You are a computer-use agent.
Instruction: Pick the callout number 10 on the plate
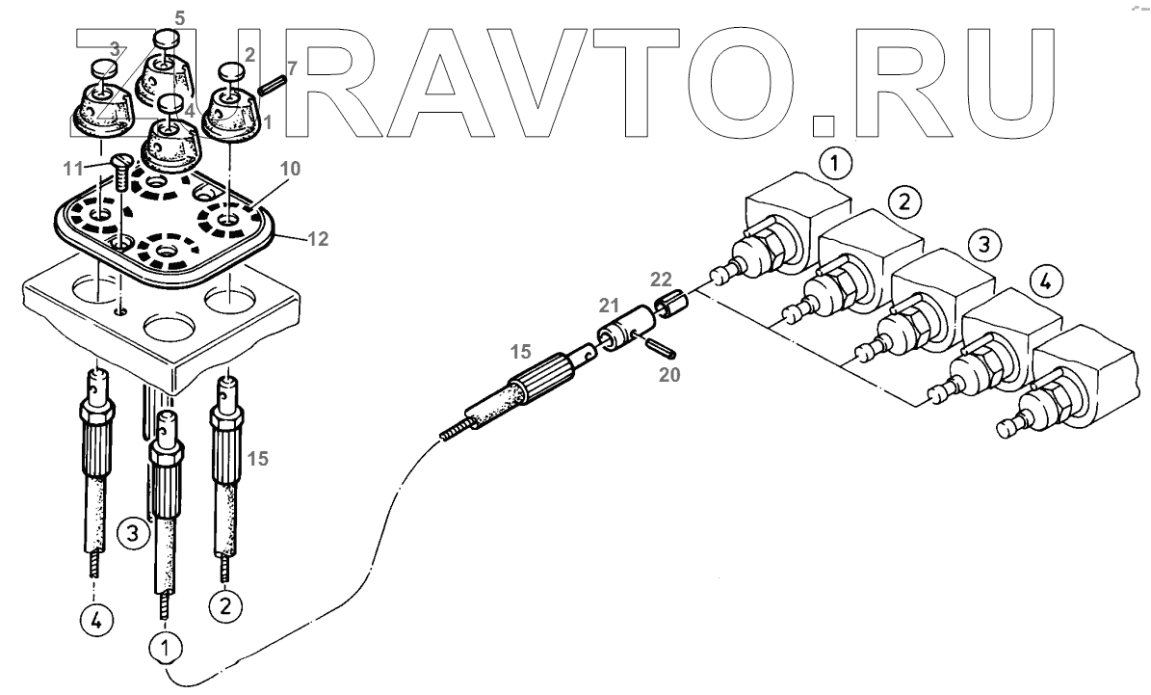[290, 169]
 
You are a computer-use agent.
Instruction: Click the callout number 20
[668, 372]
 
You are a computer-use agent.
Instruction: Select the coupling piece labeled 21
[620, 333]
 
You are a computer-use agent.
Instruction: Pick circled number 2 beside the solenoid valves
[902, 202]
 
